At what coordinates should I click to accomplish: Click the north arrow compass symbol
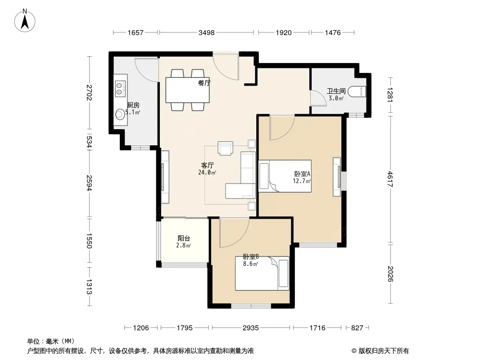point(25,21)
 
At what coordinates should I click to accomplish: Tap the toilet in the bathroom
point(357,92)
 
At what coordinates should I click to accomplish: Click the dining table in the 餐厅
point(188,90)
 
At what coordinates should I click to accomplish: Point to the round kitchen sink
point(119,115)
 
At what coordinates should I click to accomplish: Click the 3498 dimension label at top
point(207,32)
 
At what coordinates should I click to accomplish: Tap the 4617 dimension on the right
point(390,179)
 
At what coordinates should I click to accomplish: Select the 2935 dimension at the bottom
point(251,328)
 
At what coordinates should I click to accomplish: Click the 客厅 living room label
point(207,166)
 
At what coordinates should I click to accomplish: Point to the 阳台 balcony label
point(184,238)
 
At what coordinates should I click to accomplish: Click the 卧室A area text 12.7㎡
point(302,181)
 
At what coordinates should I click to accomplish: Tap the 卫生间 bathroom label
point(336,91)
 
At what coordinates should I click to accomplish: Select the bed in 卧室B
point(262,274)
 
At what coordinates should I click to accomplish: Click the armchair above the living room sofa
point(225,148)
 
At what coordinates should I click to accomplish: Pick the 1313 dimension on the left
point(89,287)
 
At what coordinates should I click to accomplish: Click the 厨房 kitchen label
point(133,105)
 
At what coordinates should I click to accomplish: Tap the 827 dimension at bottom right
point(357,328)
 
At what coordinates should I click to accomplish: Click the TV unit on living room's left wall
point(165,177)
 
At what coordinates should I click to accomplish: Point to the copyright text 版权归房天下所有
point(384,351)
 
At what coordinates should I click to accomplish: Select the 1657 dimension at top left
point(135,32)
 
